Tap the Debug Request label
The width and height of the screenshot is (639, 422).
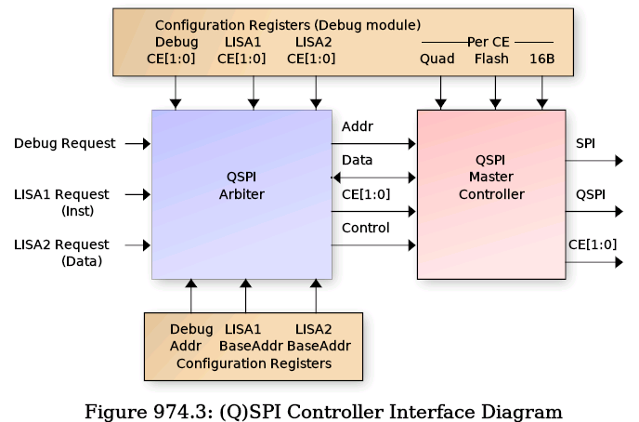click(65, 143)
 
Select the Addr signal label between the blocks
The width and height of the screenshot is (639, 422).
click(357, 125)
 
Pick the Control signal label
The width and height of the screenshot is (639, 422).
click(365, 228)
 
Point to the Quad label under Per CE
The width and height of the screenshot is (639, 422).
click(437, 59)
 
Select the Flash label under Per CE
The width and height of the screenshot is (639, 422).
click(491, 59)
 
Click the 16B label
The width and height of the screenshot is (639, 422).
click(542, 59)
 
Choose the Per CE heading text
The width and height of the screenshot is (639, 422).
click(488, 42)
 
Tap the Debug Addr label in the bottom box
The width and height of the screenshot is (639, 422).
click(191, 337)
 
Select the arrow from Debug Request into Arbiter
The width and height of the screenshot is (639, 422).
click(137, 143)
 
